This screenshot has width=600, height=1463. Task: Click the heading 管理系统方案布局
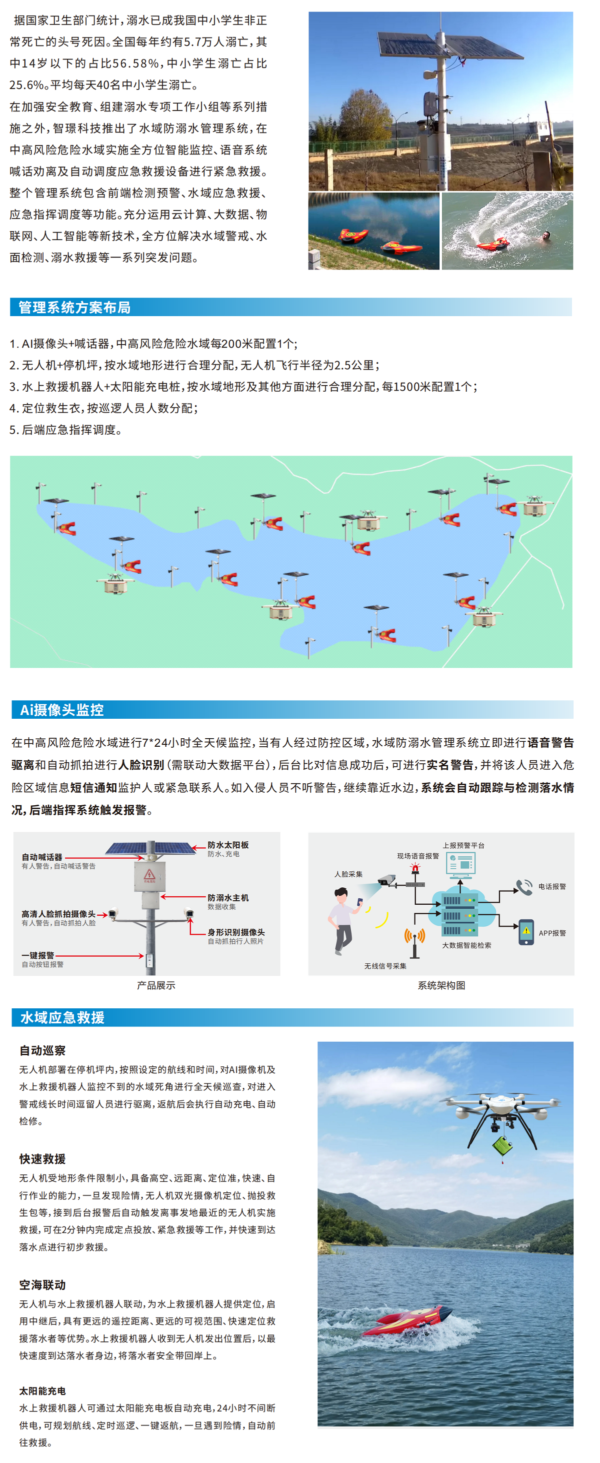coord(74,307)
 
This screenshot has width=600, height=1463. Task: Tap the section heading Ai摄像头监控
coord(62,709)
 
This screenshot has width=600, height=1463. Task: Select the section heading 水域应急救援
coord(62,1017)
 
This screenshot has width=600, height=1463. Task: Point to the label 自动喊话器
coord(42,857)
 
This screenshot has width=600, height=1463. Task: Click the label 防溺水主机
coord(227,898)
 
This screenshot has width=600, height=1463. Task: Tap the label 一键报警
coord(37,955)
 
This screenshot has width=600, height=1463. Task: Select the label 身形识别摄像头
coord(235,932)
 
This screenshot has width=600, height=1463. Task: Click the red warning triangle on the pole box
coord(149,875)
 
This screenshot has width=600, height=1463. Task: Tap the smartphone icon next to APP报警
coord(526,932)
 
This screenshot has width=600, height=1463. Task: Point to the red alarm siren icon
coord(415,868)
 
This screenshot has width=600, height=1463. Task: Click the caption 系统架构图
coord(441,985)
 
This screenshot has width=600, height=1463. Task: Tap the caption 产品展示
coord(155,985)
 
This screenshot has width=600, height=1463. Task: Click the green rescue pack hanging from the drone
coord(502,1144)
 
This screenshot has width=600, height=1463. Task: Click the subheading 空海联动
coord(42,1284)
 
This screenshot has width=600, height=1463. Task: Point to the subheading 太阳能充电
coord(42,1391)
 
